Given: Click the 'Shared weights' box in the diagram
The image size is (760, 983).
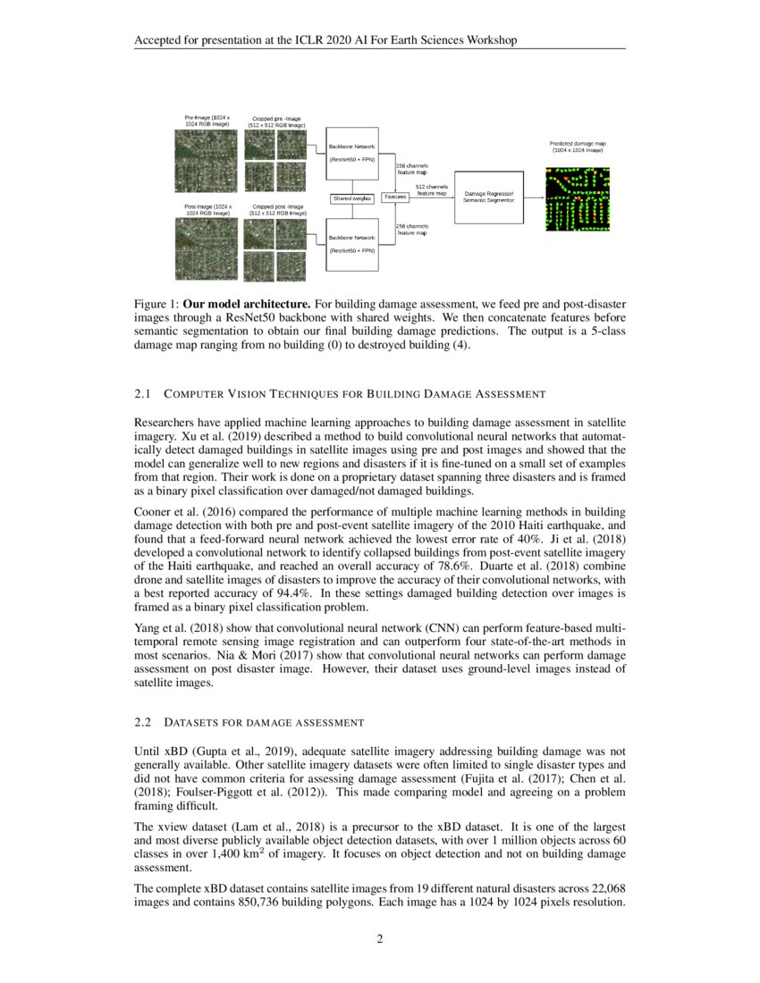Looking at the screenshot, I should [351, 197].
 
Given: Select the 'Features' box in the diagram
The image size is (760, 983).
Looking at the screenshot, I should [395, 197].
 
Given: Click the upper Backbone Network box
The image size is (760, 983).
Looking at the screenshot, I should [351, 153].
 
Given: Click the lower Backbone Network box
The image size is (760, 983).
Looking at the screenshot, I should [351, 244].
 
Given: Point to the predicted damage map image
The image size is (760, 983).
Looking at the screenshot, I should [577, 198].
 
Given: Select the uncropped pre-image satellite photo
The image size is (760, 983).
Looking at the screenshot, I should [207, 161].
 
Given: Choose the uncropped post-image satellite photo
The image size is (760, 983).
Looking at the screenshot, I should [207, 249].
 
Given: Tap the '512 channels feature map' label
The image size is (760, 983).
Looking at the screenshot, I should [431, 189].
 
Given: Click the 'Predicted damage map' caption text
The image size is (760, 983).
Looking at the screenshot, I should [577, 147].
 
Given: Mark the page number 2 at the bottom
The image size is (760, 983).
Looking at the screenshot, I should [379, 938].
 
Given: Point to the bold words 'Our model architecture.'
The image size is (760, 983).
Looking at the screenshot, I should [232, 305].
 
